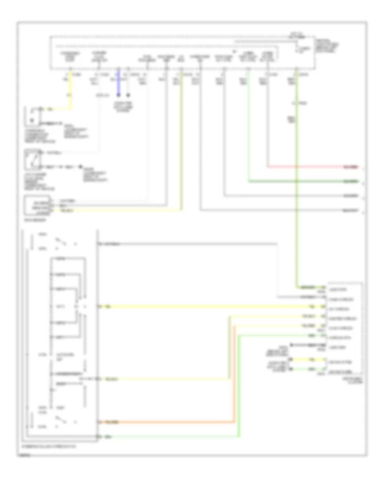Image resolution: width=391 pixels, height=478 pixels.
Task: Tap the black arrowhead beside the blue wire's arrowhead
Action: click(128, 94)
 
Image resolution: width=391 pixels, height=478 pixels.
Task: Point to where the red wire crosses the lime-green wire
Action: click(298, 166)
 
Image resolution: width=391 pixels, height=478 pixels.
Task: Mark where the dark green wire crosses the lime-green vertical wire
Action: click(298, 181)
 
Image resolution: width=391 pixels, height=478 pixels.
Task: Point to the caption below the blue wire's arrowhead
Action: click(124, 107)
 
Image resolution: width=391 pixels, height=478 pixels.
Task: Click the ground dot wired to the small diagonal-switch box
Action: click(80, 166)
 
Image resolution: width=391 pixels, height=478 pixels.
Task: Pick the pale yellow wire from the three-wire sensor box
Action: click(117, 210)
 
